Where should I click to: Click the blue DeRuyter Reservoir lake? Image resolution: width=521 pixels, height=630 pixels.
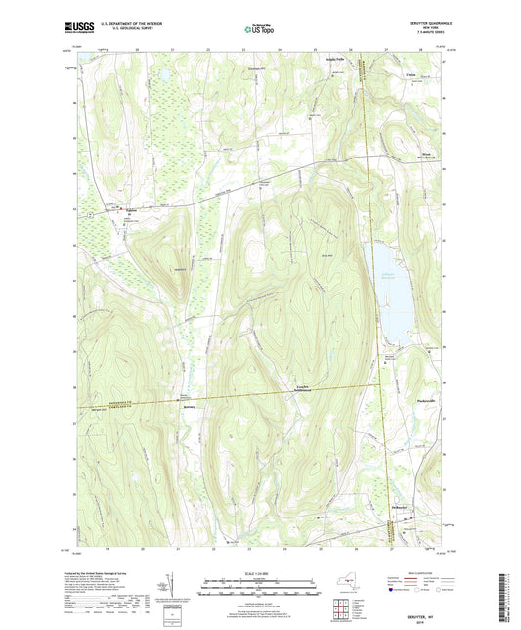(x=385, y=293)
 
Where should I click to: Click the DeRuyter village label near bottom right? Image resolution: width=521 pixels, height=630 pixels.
(x=393, y=509)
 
